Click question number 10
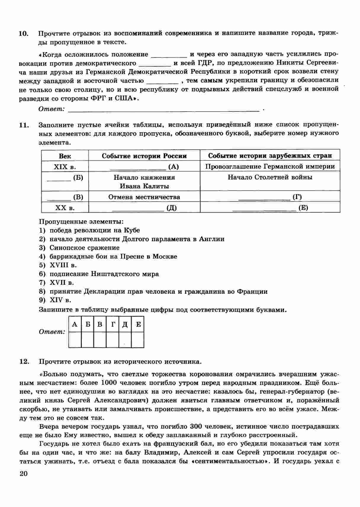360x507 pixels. [x=23, y=33]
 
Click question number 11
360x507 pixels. [x=23, y=125]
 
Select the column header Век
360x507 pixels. [x=65, y=156]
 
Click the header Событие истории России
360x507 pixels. [x=144, y=156]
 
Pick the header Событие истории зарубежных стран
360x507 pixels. [x=270, y=156]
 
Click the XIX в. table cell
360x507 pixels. [x=65, y=167]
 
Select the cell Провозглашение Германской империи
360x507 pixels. [x=270, y=166]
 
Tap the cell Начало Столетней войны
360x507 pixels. [x=270, y=177]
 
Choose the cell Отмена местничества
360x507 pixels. [x=144, y=197]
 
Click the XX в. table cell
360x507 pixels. [x=65, y=208]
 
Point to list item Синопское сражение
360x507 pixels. [x=84, y=248]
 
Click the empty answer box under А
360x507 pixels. [x=75, y=340]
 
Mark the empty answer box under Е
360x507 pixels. [x=138, y=340]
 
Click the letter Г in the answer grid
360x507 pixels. [x=112, y=325]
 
